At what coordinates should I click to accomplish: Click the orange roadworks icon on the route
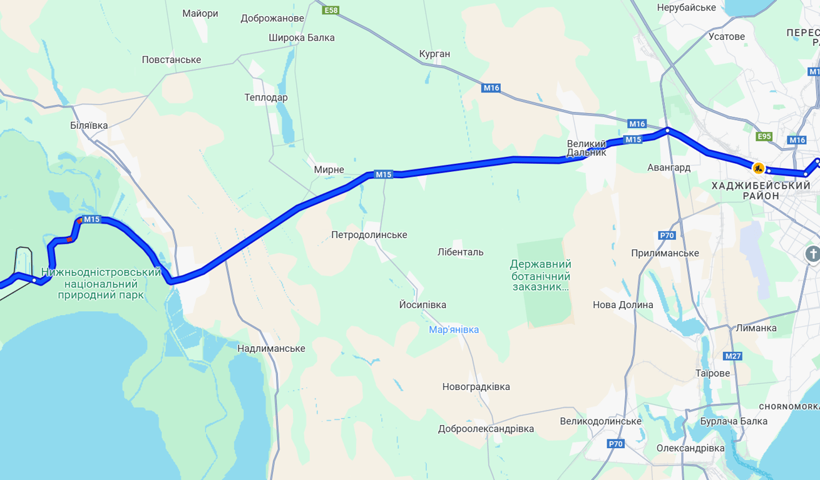point(758,167)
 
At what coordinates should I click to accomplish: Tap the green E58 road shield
point(331,10)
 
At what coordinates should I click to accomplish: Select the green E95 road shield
point(764,136)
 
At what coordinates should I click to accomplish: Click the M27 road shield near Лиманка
point(732,356)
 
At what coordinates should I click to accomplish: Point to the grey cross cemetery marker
point(812,254)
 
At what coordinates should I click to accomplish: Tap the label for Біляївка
point(89,125)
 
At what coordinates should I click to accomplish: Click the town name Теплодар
point(266,97)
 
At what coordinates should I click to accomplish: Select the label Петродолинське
point(369,235)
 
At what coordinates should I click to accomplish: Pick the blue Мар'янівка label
point(454,329)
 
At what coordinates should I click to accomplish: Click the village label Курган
point(434,54)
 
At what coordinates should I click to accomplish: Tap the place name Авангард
point(669,167)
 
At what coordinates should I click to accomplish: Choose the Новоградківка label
point(476,387)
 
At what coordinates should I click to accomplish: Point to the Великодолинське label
point(600,421)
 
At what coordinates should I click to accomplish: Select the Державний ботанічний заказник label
point(540,275)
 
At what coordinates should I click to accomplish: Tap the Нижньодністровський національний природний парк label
point(101,283)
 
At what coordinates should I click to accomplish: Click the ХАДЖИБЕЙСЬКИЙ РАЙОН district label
point(761,191)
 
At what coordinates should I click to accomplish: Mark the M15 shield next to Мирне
point(384,174)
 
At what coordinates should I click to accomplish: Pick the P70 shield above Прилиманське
point(667,236)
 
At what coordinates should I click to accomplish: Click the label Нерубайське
point(686,7)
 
